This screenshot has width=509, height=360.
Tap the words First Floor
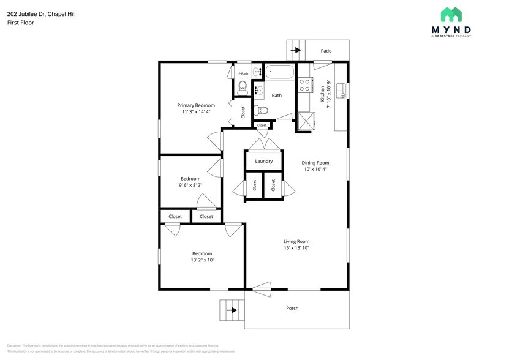coord(21,23)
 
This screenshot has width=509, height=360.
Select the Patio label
coord(326,51)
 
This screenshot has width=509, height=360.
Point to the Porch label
coord(293,308)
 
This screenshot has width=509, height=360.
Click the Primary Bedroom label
coord(196,105)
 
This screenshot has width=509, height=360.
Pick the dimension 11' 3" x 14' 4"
coord(196,112)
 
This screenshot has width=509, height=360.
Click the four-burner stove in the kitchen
coord(304,85)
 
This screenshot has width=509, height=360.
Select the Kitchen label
coord(322,94)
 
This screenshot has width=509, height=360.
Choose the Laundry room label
coord(264,161)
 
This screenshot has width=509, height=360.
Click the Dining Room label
coord(315,163)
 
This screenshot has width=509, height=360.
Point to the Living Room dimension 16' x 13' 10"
coord(296,248)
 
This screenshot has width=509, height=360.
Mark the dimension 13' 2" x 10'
coord(202,260)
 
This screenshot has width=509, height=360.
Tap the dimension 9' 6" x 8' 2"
coord(190,185)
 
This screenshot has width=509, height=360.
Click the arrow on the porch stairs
coord(232,310)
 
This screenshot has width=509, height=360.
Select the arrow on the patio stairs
coord(296,51)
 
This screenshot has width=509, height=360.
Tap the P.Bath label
coord(243,74)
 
